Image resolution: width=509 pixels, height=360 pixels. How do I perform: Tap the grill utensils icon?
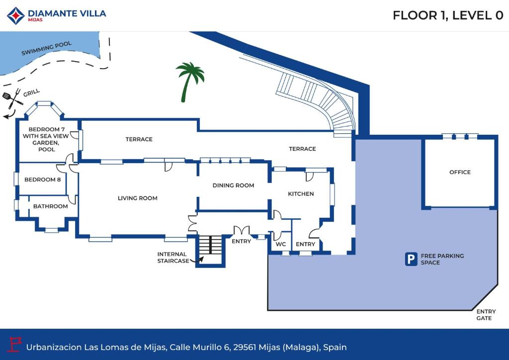pos(12,98)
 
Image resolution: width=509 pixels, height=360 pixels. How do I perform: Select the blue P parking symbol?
pos(411,259)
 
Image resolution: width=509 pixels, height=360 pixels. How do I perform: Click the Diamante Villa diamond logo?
pos(16,16)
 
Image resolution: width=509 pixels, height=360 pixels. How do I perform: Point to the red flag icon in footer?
pos(14,345)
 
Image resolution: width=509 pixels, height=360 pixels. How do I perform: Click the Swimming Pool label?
pos(46,48)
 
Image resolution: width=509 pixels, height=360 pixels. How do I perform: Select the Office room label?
pos(460,172)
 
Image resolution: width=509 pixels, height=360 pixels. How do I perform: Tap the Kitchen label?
pos(301,194)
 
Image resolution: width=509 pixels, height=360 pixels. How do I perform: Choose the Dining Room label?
pos(234,185)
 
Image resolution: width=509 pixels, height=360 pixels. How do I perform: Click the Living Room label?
pos(138,198)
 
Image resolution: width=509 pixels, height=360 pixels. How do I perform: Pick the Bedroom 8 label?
pos(43,180)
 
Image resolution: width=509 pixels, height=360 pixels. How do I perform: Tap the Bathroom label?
pos(51,206)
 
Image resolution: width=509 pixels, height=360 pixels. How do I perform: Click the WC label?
pos(281,244)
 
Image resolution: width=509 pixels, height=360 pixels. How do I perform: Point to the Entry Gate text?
pos(486,315)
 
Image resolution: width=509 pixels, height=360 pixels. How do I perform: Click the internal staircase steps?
pos(210,245)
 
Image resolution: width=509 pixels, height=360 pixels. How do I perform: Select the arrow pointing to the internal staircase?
pos(197,260)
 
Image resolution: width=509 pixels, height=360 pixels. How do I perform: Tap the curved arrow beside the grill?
pos(9,115)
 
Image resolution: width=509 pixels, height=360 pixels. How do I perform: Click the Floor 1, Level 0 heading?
pos(448,15)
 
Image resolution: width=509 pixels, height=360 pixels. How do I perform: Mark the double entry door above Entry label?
pos(242,230)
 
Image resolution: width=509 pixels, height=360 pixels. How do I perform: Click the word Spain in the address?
pos(335,348)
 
